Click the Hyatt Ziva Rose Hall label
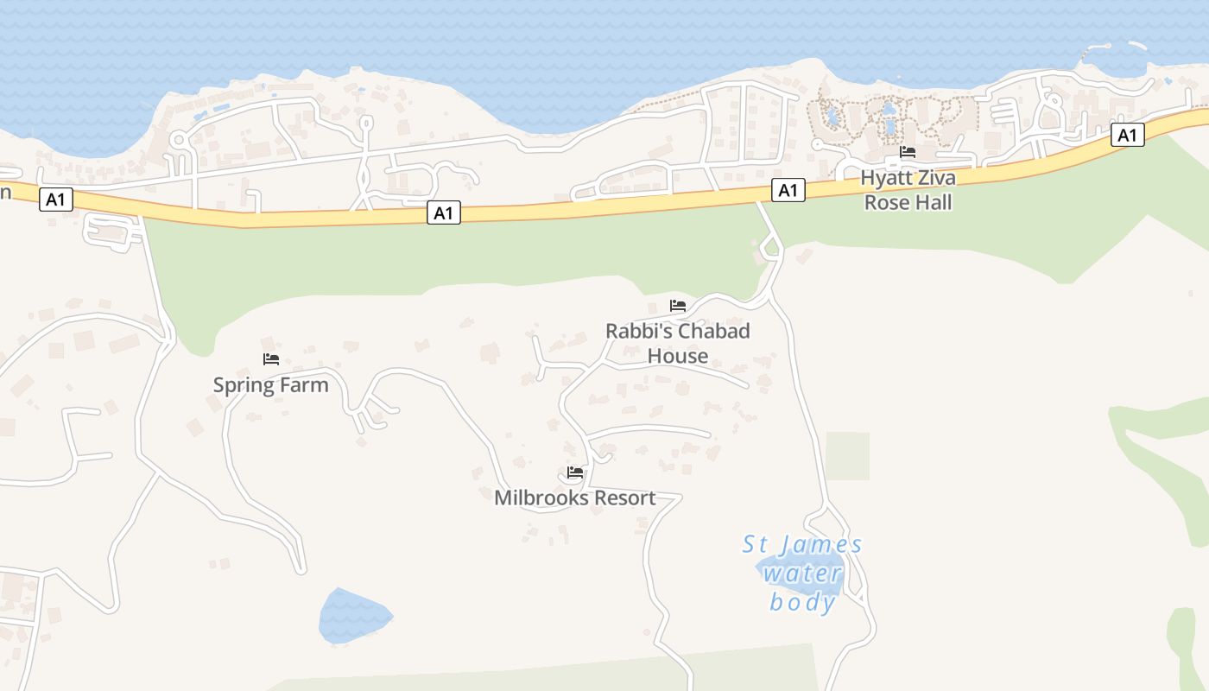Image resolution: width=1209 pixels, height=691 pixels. tap(908, 190)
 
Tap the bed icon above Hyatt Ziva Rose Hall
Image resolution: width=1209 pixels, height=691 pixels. tap(908, 152)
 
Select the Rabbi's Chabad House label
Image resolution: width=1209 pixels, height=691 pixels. tap(678, 343)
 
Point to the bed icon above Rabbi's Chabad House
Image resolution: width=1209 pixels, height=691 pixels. tap(678, 306)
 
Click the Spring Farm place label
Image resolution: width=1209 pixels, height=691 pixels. tap(271, 385)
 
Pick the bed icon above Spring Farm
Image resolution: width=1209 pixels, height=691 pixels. tap(271, 359)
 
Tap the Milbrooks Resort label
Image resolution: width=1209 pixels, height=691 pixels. tap(574, 498)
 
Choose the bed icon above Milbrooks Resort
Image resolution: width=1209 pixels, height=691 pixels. tap(575, 472)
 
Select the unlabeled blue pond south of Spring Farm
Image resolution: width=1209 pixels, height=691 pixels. tap(352, 617)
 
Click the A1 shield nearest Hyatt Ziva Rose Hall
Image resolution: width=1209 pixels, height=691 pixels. tap(788, 190)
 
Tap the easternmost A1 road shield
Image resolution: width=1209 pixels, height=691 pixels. tap(1127, 135)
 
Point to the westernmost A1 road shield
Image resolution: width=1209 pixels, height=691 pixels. tap(55, 200)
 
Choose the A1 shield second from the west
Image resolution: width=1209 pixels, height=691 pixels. tap(443, 212)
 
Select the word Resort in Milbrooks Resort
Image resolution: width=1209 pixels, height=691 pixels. tap(617, 498)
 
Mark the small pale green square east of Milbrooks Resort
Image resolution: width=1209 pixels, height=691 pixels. tap(847, 456)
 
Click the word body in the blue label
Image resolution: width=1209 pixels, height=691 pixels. tap(802, 602)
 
